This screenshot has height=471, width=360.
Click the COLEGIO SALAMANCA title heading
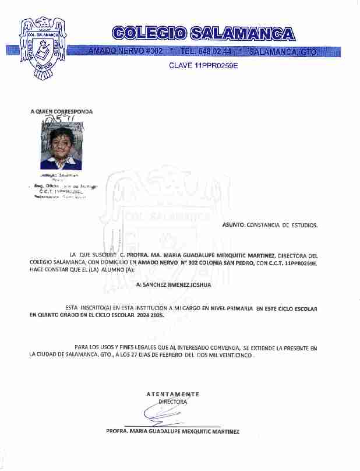pos(202,33)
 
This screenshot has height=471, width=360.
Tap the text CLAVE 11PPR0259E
pos(203,65)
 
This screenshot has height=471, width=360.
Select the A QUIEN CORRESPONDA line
pos(61,111)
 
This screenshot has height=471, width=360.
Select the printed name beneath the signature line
pos(172,432)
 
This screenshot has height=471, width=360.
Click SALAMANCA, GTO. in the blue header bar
pos(282,52)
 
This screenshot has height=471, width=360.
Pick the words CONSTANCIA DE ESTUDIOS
pos(283,224)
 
